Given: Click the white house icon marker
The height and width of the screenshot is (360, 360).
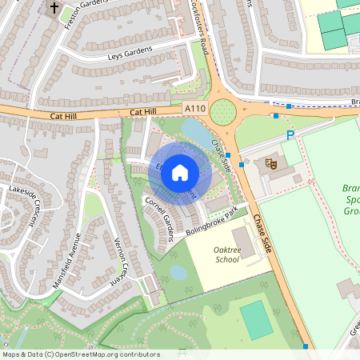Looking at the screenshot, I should [x=180, y=171].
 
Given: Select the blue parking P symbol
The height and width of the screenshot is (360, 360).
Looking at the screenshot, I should [x=290, y=136].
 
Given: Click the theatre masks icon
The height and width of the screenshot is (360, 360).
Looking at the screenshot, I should [x=271, y=163].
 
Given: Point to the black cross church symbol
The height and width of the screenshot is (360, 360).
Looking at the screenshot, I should [x=54, y=9].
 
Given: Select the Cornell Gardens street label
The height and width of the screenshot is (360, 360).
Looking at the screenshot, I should [x=159, y=217].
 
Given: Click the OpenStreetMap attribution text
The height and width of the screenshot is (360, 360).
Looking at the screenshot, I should [x=81, y=354].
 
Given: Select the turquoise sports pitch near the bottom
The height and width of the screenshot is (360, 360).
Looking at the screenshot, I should [x=256, y=319].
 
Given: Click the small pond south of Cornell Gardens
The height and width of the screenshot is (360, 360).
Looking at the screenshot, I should [x=178, y=273].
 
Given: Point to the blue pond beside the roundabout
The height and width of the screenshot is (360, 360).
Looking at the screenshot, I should [x=195, y=132].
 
